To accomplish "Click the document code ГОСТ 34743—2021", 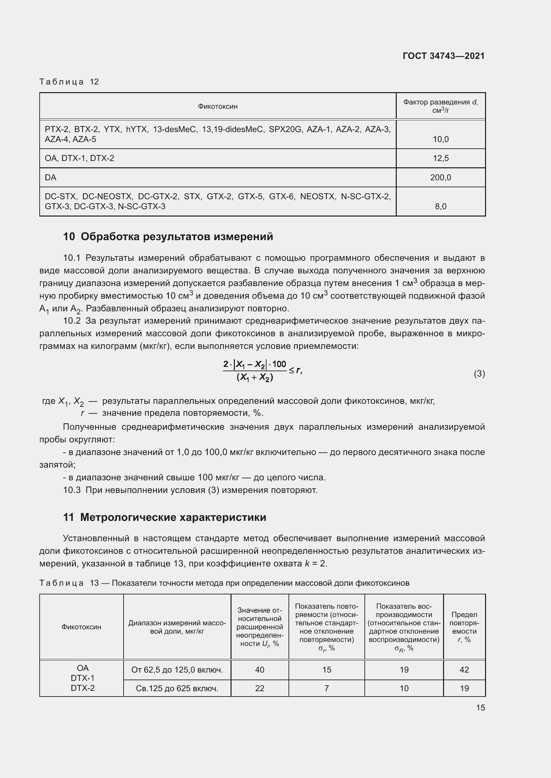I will coord(443,56).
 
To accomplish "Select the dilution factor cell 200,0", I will coord(440,178).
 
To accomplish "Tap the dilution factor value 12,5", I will coord(440,158).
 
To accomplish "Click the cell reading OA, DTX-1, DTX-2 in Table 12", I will coord(79,158).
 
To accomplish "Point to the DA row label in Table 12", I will coord(51,178).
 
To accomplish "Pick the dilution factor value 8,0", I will coord(440,206).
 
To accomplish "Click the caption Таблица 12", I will coord(69,82).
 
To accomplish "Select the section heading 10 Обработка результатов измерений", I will coord(168,236).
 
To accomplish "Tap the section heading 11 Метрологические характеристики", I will coord(165,518).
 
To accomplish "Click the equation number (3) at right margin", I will coord(479,374).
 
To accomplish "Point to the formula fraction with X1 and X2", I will coord(255,371).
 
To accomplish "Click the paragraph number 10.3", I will coord(72,490).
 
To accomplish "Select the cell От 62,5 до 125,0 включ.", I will coord(177,670).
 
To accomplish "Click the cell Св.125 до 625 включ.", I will coord(177,688).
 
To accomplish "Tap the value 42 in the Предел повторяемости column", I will coord(464,670).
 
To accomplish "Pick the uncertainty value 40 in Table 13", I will coord(259,670).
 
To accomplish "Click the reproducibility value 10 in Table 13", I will coord(404,688).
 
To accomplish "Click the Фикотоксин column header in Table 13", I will coord(81,627).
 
